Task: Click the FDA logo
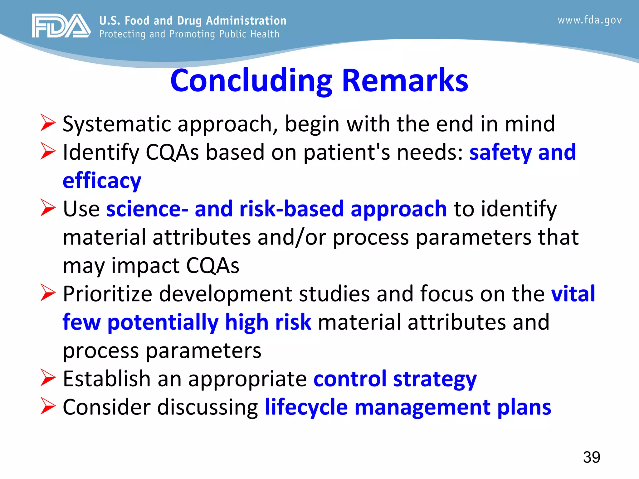pyautogui.click(x=61, y=26)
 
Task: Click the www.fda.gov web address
pyautogui.click(x=589, y=20)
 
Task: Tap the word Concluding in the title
pyautogui.click(x=251, y=81)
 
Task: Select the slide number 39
pyautogui.click(x=591, y=457)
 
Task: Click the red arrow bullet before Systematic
pyautogui.click(x=48, y=123)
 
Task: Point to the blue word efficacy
pyautogui.click(x=102, y=181)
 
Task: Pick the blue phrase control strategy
pyautogui.click(x=395, y=379)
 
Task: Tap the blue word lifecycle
pyautogui.click(x=306, y=407)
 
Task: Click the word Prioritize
pyautogui.click(x=107, y=294)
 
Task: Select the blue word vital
pyautogui.click(x=573, y=294)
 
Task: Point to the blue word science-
pyautogui.click(x=147, y=209)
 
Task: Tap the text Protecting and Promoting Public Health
pyautogui.click(x=189, y=34)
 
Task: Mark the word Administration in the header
pyautogui.click(x=246, y=21)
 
